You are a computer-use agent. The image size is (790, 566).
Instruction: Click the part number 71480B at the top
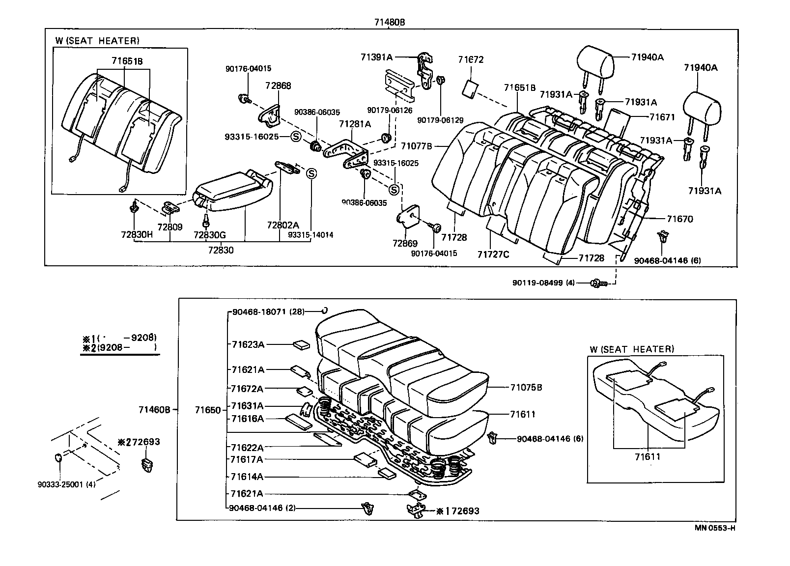click(389, 22)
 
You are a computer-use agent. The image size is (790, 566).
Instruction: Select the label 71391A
click(376, 57)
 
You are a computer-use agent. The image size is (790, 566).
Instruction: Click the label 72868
click(279, 85)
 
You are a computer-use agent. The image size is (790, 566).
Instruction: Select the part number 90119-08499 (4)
click(543, 283)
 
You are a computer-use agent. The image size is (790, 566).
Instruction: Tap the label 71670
click(679, 219)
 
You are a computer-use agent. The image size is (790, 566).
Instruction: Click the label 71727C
click(493, 254)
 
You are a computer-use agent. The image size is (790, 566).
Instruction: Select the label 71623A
click(248, 344)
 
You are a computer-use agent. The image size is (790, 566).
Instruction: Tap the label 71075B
click(526, 387)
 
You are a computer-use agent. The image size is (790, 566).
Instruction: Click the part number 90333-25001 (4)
click(66, 484)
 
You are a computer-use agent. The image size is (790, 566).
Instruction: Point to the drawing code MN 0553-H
click(715, 528)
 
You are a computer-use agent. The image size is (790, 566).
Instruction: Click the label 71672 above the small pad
click(471, 60)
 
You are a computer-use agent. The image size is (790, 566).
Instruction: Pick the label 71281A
click(355, 124)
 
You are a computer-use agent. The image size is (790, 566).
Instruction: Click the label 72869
click(405, 244)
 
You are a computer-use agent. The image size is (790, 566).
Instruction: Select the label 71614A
click(247, 477)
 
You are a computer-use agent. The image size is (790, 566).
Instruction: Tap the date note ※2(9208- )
click(119, 347)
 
